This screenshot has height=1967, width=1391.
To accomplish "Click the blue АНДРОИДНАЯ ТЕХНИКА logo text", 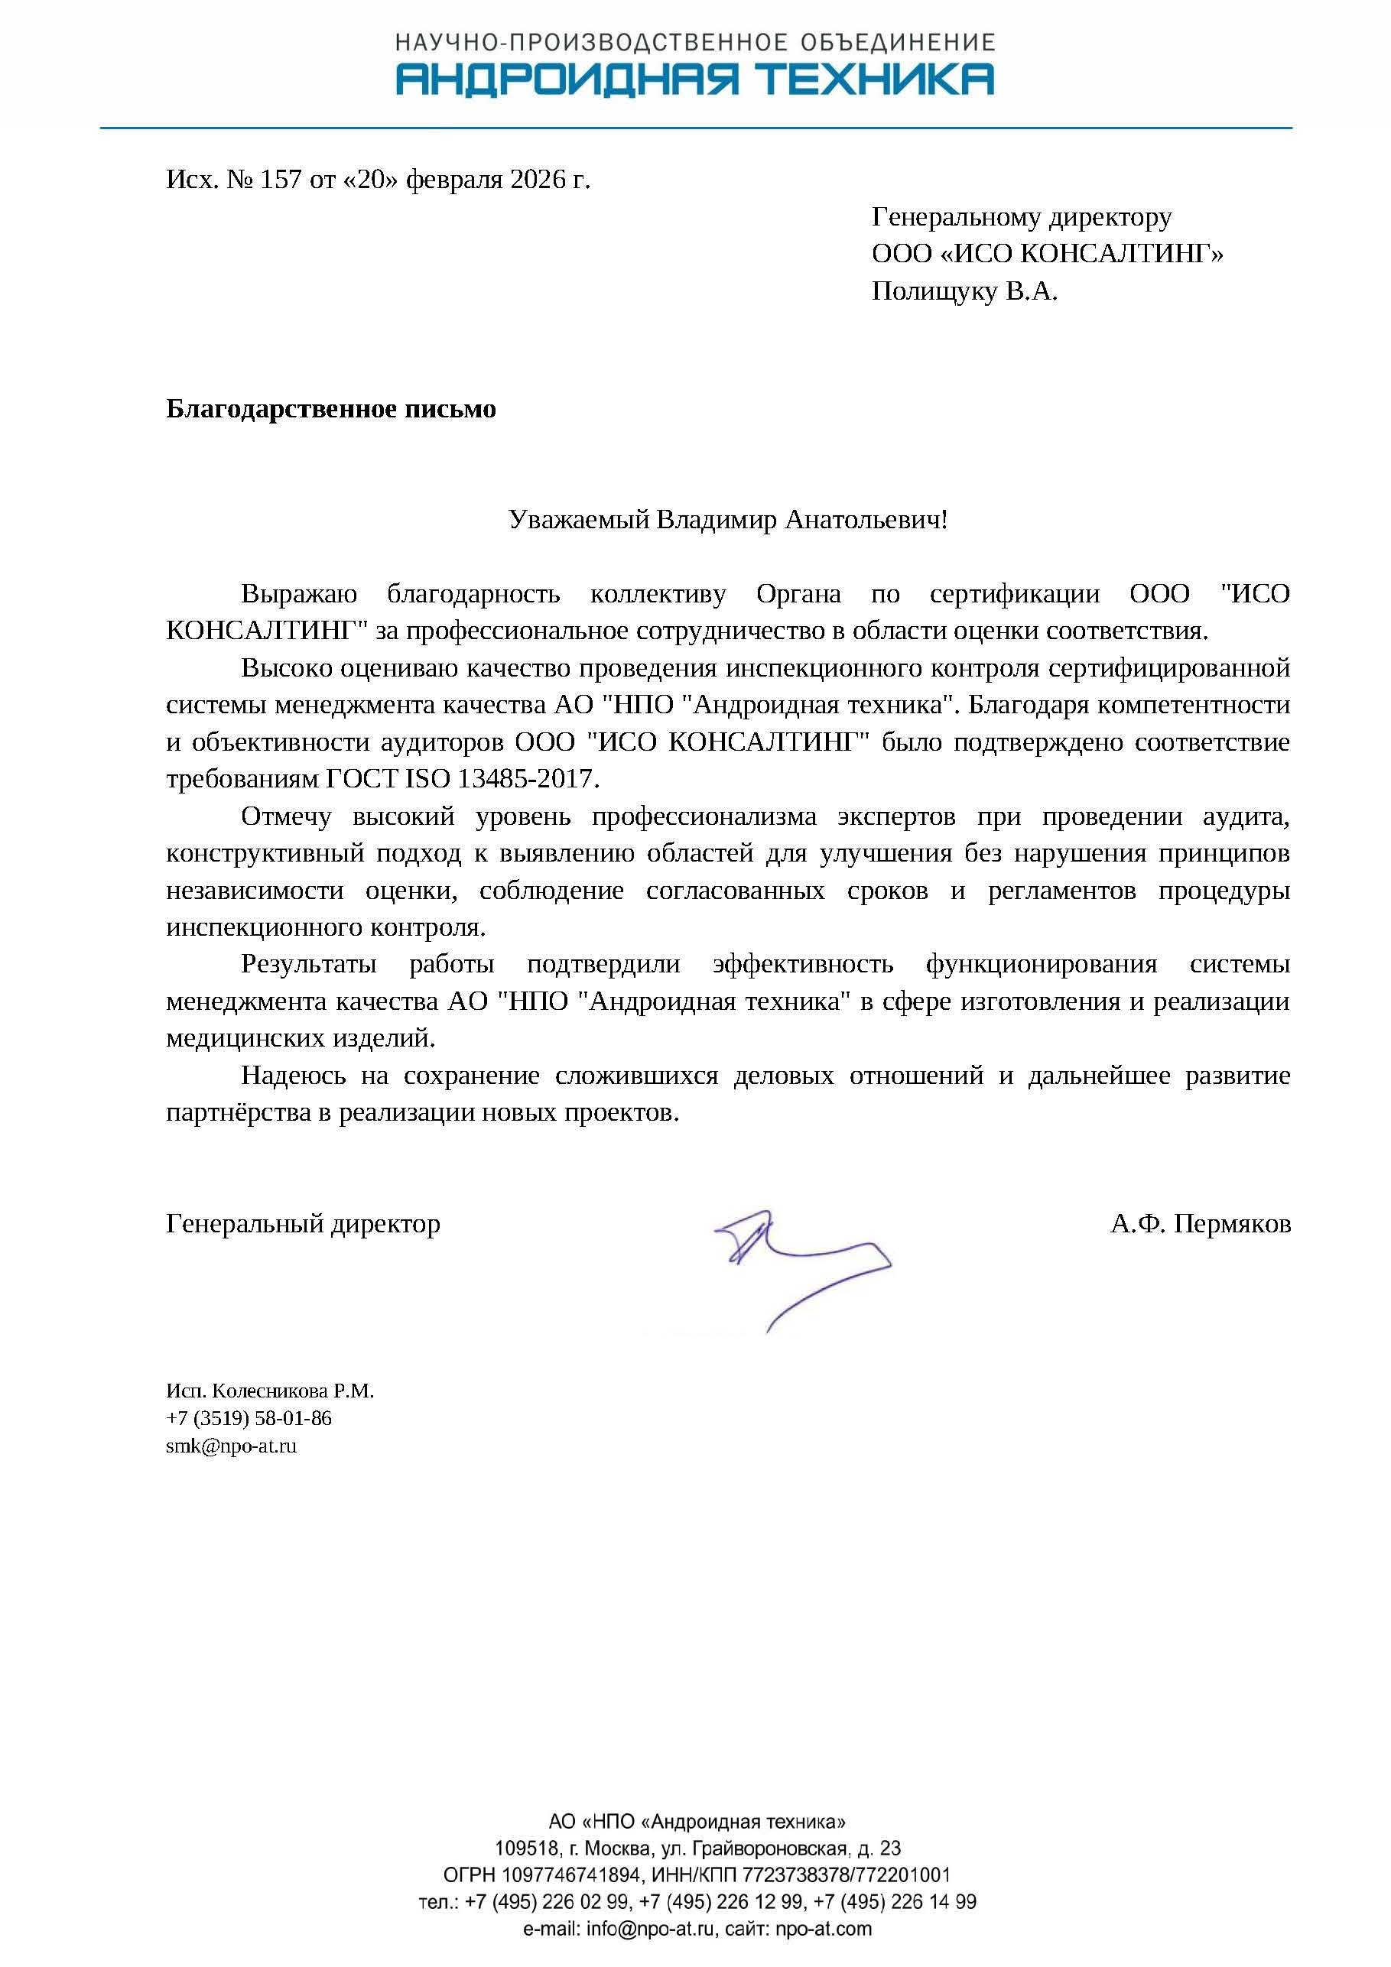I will (x=695, y=79).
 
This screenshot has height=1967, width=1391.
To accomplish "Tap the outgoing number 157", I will (x=281, y=180).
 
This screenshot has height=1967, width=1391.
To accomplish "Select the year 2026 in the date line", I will (x=538, y=180).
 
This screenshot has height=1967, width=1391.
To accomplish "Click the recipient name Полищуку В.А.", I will (x=964, y=292).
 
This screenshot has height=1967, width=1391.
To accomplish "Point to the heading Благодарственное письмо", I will (x=331, y=409).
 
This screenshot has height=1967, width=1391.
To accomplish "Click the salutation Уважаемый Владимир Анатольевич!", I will (x=728, y=519).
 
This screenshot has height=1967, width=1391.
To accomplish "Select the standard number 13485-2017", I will (x=525, y=779).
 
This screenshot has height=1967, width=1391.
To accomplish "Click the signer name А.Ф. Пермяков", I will (x=1200, y=1223).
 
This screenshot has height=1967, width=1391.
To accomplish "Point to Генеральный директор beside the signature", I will (x=303, y=1223).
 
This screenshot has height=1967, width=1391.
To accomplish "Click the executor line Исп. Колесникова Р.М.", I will (x=270, y=1391).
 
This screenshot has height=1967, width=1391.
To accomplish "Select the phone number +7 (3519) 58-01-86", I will (x=249, y=1418).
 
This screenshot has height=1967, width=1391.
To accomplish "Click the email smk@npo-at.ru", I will (x=232, y=1446).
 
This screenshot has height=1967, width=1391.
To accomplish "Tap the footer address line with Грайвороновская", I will (x=697, y=1848).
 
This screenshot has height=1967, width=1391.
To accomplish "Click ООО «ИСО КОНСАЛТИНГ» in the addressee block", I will (x=1048, y=255).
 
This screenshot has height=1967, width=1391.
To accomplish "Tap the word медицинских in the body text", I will (x=245, y=1038).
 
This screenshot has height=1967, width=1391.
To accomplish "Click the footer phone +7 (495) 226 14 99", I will (x=895, y=1902).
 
